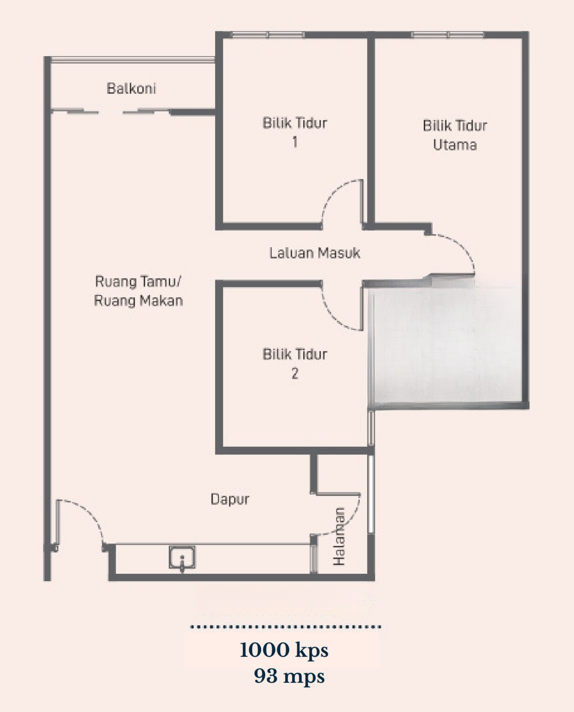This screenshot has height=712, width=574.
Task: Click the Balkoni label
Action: [x=131, y=88]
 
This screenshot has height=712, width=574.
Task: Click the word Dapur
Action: [x=230, y=499]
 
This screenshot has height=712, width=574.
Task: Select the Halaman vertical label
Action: [x=339, y=536]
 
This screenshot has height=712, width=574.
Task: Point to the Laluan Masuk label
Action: [x=315, y=253]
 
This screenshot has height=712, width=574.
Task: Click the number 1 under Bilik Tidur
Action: [x=295, y=142]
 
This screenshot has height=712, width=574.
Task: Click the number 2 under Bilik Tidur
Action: [x=295, y=374]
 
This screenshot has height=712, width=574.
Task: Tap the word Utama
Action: [x=455, y=145]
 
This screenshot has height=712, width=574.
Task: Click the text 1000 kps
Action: [x=284, y=650]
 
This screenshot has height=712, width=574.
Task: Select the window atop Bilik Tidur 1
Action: [x=267, y=35]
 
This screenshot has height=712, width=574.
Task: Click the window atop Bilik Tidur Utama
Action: [x=448, y=35]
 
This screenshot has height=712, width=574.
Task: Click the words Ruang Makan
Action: [x=138, y=301]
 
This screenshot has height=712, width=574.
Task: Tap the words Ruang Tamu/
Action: [x=138, y=282]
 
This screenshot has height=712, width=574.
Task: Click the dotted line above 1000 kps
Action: [x=286, y=627]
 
